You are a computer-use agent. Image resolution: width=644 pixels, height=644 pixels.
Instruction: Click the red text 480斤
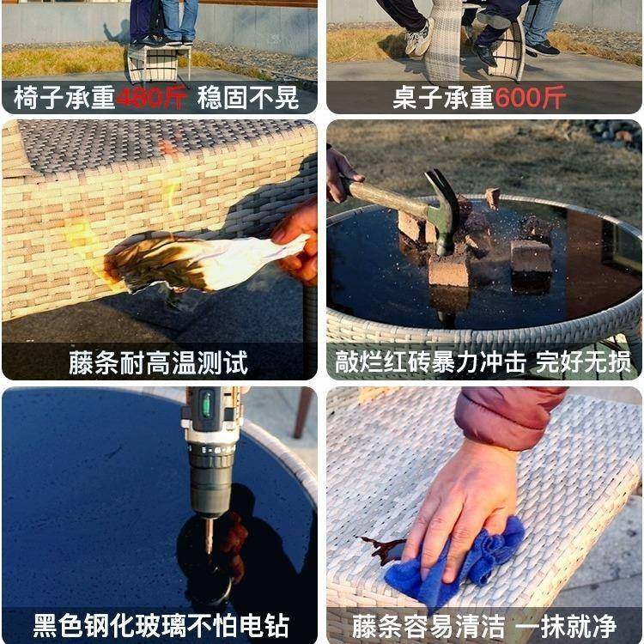(x=152, y=98)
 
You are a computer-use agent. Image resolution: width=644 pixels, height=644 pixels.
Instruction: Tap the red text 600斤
(x=530, y=98)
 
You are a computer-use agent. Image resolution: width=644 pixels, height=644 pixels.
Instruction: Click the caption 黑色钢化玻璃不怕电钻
(x=161, y=624)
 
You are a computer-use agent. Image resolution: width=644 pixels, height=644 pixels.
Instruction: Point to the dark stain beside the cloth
(x=383, y=549)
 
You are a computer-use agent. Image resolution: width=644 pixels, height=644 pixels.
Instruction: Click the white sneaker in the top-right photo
(x=418, y=39)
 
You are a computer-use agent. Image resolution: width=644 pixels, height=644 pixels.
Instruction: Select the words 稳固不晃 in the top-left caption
(x=248, y=98)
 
